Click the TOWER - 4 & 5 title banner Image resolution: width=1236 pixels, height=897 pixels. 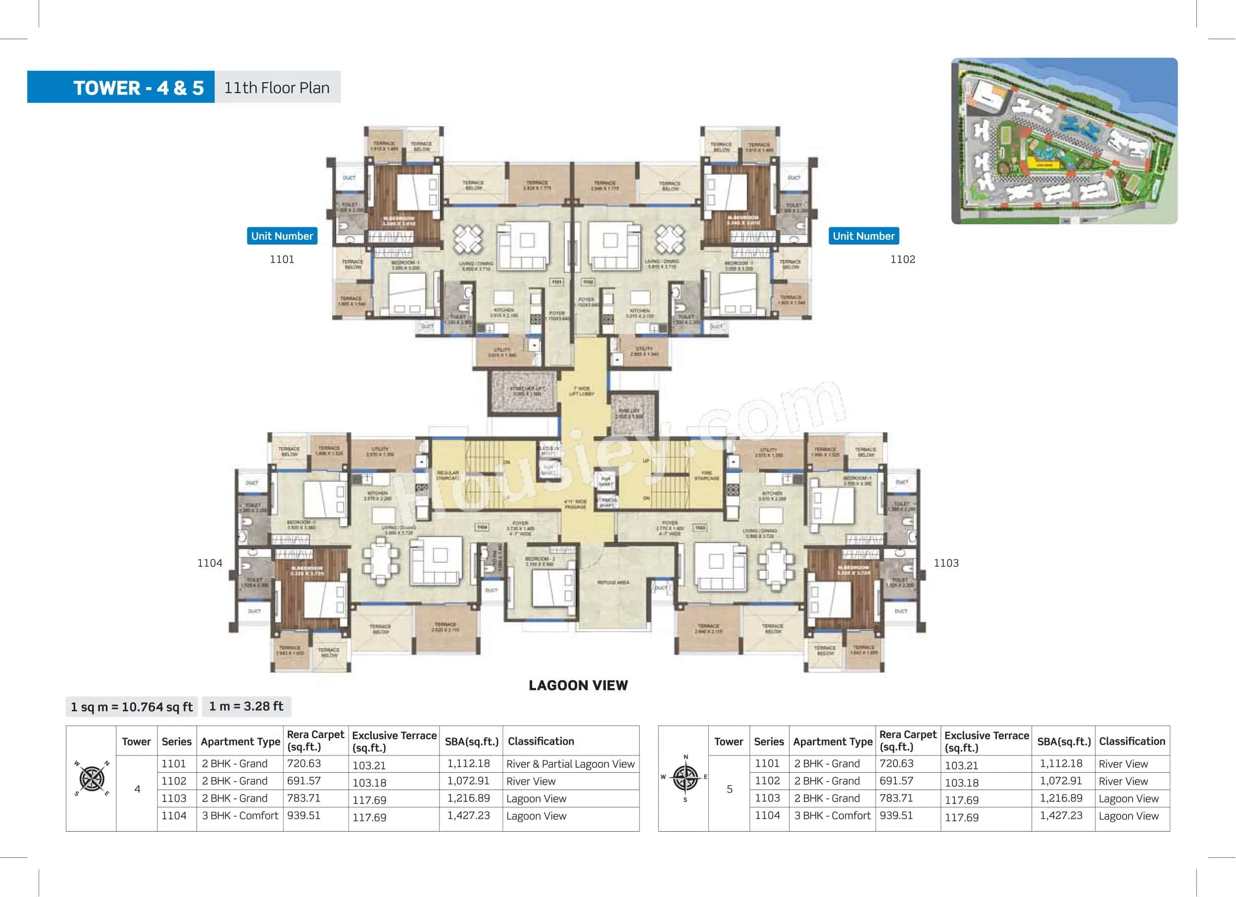pyautogui.click(x=121, y=87)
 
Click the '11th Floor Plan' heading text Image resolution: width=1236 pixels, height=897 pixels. pyautogui.click(x=277, y=87)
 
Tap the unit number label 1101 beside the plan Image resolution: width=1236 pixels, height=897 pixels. pyautogui.click(x=282, y=259)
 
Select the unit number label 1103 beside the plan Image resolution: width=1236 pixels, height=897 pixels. pyautogui.click(x=945, y=563)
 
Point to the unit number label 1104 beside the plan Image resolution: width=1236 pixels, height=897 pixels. pyautogui.click(x=210, y=563)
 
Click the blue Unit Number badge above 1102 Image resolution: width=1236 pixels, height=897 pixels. pyautogui.click(x=863, y=236)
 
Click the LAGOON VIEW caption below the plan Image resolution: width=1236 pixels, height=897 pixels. pyautogui.click(x=578, y=685)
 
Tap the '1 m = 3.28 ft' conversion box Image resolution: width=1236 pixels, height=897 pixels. pyautogui.click(x=247, y=706)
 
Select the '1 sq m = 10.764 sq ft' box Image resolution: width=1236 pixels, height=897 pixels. pyautogui.click(x=131, y=707)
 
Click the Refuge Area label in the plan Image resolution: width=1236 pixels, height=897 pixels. pyautogui.click(x=613, y=583)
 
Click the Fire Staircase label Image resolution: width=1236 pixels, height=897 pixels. pyautogui.click(x=706, y=475)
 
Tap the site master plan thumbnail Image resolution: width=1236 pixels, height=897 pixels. pyautogui.click(x=1064, y=141)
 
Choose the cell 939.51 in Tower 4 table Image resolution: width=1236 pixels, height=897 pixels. pyautogui.click(x=303, y=815)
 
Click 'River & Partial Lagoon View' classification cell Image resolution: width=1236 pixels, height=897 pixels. pyautogui.click(x=570, y=764)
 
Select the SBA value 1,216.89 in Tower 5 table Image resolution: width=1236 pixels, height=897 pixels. pyautogui.click(x=1060, y=798)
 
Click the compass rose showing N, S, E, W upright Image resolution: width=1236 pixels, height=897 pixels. pyautogui.click(x=685, y=778)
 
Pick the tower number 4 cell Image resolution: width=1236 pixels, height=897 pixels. pyautogui.click(x=137, y=789)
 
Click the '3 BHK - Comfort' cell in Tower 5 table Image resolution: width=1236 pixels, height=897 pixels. pyautogui.click(x=832, y=815)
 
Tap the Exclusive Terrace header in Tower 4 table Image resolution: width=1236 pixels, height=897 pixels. pyautogui.click(x=394, y=741)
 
